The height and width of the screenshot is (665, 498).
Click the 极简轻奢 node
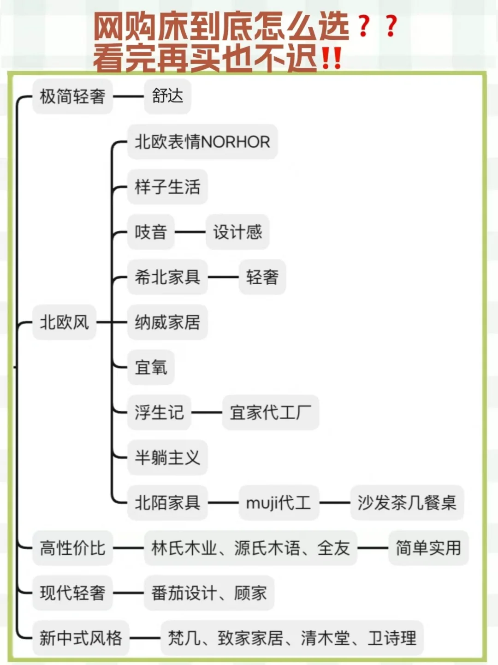tap(72, 96)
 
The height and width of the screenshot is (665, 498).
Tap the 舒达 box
tap(167, 96)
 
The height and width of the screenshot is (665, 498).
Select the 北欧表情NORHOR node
tap(202, 142)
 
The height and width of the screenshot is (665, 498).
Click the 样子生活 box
tap(167, 187)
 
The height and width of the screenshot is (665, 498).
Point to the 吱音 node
tap(150, 232)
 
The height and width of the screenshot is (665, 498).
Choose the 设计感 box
tap(237, 232)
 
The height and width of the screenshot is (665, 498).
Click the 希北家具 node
tap(167, 277)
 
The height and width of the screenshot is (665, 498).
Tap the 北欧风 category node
tap(64, 322)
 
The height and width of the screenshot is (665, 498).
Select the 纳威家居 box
tap(167, 322)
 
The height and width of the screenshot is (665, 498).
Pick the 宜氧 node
tap(151, 367)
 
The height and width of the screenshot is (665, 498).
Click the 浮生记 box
tap(159, 412)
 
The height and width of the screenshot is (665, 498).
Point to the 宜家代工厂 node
tap(270, 412)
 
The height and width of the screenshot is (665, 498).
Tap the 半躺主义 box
tap(167, 457)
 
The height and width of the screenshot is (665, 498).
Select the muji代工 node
tap(279, 503)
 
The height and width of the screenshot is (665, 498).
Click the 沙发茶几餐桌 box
tap(407, 503)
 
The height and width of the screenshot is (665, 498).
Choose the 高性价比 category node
tap(72, 548)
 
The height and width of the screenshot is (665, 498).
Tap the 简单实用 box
tap(428, 548)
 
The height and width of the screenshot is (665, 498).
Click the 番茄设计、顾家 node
tap(209, 593)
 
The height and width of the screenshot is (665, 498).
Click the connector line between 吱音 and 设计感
tap(190, 232)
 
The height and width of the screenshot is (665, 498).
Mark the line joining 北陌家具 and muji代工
tap(223, 503)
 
